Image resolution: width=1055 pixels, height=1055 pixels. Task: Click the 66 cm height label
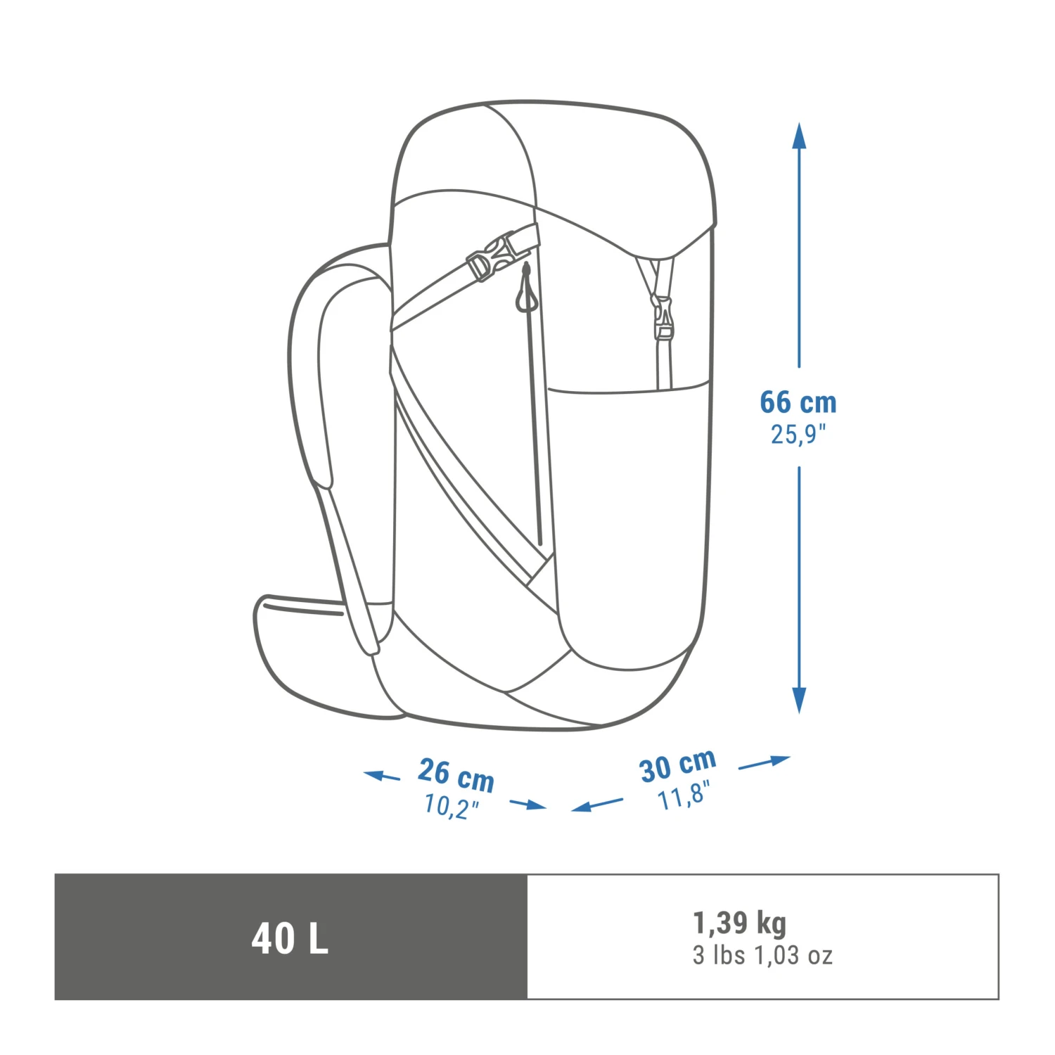coord(798,402)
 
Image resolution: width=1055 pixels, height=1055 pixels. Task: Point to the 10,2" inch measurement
coord(451,805)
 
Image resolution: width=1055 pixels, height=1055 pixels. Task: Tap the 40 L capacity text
coord(290,938)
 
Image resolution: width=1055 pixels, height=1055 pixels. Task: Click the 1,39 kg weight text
coord(740,923)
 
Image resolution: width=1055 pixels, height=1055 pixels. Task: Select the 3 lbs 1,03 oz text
coord(762,955)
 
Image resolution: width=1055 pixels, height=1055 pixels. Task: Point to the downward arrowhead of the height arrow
coord(798,699)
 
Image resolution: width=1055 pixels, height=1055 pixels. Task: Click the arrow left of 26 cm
coord(381,776)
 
